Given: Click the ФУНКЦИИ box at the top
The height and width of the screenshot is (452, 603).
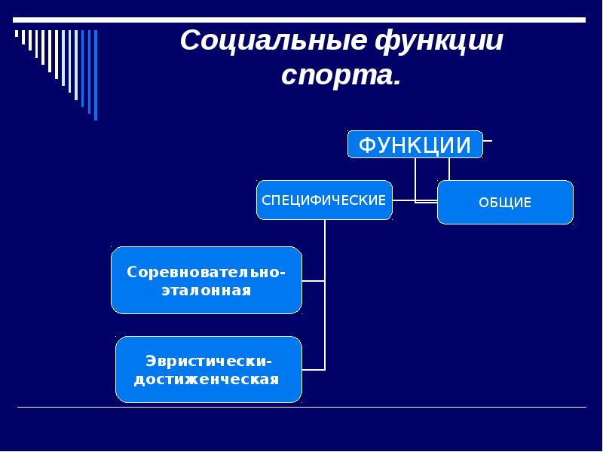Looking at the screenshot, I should coord(415,144).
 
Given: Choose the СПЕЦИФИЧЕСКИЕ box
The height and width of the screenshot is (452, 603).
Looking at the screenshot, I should coord(324,200).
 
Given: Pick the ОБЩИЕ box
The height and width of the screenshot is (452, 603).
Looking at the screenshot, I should coord(505,202).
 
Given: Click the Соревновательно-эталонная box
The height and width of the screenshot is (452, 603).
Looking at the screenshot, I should coord(206,279).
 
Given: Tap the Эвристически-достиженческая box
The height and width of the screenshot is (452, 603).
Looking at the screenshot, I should coord(208,369).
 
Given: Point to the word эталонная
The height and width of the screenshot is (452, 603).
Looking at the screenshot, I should coord(206,289).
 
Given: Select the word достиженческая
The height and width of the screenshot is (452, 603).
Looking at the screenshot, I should coord(207,379).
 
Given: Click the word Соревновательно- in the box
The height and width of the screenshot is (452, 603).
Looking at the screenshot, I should coord(206,270).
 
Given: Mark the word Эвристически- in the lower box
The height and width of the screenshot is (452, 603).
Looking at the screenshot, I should coord(209,359).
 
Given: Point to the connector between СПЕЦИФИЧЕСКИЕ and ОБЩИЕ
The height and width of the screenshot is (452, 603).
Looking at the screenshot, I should coord(415,201).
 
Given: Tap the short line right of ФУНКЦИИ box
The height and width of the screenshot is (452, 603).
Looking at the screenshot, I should coord(488,140).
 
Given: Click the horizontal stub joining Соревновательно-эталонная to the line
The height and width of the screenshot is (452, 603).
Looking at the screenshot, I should coord(314,280).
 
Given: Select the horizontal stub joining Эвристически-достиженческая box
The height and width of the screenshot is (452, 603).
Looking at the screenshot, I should coord(314,369).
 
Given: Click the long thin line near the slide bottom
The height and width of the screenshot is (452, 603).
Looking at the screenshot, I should coord(301,408).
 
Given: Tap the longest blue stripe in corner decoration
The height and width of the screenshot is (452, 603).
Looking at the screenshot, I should coord(96,75).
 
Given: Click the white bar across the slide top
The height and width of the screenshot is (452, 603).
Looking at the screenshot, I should coord(301,20).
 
